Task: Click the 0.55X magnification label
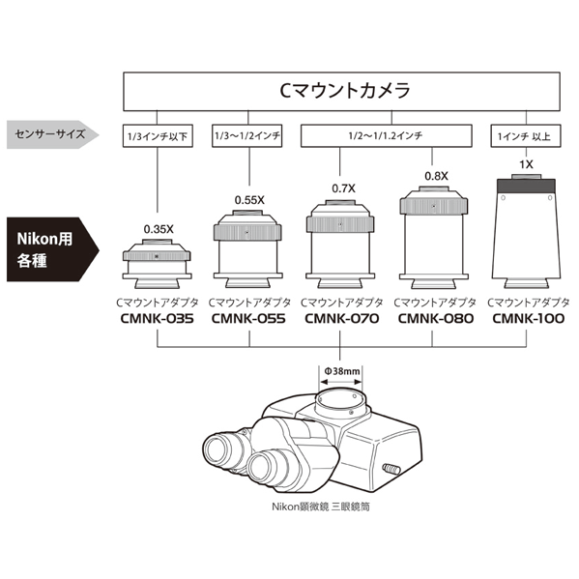point(248,200)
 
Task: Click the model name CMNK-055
point(247,319)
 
